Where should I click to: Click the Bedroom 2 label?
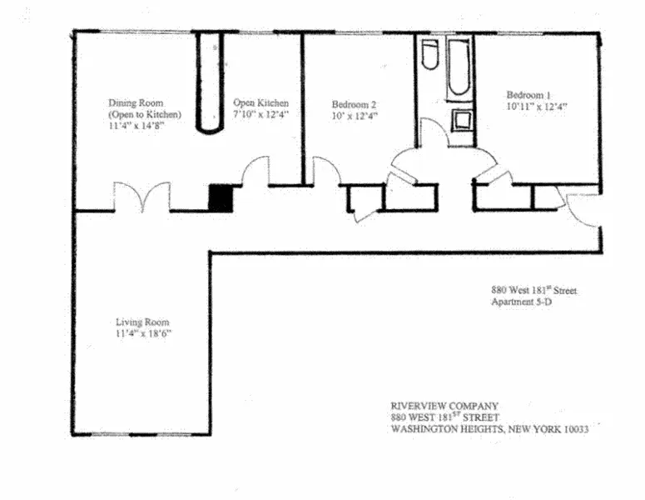point(355,104)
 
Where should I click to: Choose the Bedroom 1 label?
point(529,95)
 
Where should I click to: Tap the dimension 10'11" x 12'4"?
point(537,107)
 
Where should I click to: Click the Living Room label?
point(142,322)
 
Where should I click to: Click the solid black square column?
point(220,197)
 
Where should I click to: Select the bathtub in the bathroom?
point(459,71)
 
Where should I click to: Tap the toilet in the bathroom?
point(429,58)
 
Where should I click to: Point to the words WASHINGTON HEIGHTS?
point(442,429)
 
